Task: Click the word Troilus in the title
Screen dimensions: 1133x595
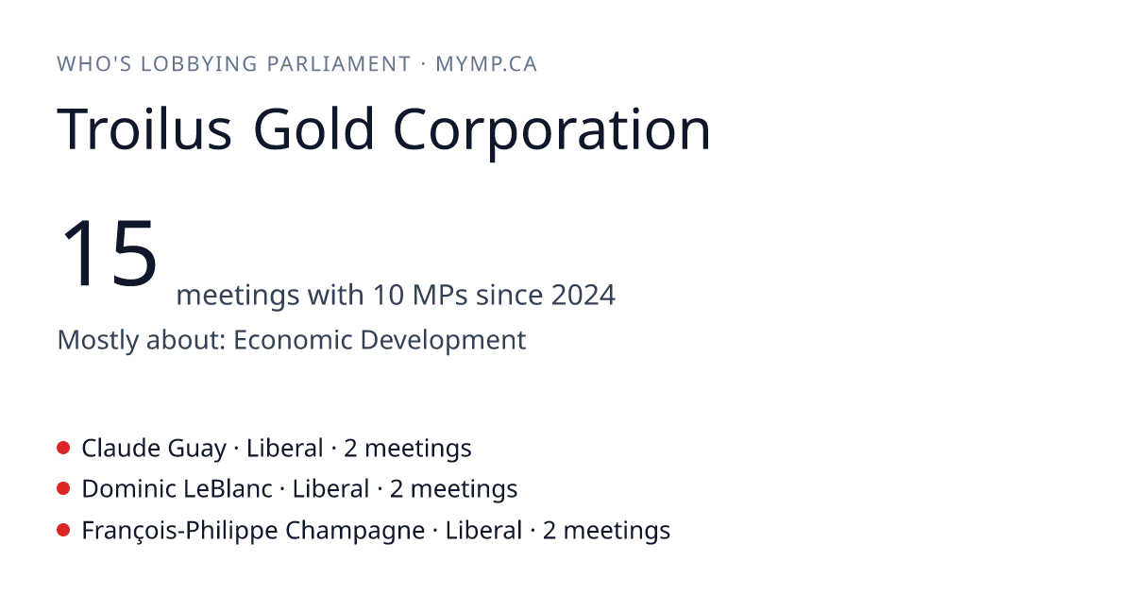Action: coord(144,129)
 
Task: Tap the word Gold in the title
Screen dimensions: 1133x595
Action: coord(313,128)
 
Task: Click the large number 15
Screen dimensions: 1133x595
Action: coord(109,252)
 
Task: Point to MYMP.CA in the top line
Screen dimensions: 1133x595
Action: coord(486,64)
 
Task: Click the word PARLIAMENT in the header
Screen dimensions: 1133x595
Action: coord(339,64)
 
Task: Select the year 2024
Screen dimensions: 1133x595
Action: coord(583,295)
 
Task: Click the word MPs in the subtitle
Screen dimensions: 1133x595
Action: coord(440,295)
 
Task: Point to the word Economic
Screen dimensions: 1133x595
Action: coord(293,339)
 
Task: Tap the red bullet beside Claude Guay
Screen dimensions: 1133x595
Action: coord(63,448)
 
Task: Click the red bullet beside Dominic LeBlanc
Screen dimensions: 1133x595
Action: coord(63,489)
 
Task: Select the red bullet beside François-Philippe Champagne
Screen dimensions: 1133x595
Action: coord(63,530)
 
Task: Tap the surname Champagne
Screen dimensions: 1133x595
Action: coord(355,531)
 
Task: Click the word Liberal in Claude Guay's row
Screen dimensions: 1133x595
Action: coord(284,448)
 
